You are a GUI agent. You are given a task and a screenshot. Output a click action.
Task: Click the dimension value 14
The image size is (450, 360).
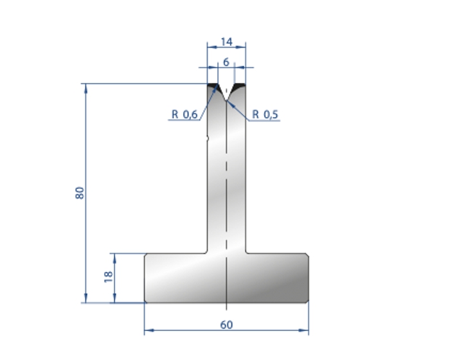[226, 42]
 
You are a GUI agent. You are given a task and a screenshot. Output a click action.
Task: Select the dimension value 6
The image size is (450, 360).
[226, 62]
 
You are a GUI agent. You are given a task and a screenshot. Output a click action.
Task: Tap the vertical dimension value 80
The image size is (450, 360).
[80, 193]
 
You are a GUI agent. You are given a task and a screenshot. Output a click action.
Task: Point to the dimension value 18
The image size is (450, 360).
[108, 276]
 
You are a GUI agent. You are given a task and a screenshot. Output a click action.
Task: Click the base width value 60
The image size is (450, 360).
[226, 325]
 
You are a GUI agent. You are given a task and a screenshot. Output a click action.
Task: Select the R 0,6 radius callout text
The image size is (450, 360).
[184, 114]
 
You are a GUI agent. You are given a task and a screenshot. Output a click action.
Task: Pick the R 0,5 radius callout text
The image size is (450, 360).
[265, 114]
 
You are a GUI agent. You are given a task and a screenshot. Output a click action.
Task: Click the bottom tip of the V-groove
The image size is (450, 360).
[226, 100]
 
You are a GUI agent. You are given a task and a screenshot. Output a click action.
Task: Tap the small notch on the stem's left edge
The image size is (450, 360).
[208, 139]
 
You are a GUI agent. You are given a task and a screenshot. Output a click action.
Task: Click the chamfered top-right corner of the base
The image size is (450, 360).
[307, 255]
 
